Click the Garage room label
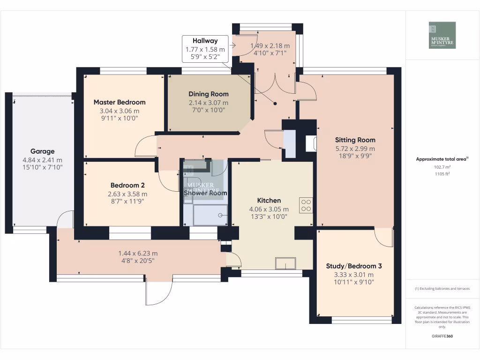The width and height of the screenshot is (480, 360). pyautogui.click(x=43, y=151)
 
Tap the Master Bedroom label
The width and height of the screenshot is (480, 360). pyautogui.click(x=120, y=102)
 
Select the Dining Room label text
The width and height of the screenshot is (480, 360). pyautogui.click(x=209, y=94)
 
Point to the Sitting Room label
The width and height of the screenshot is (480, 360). pyautogui.click(x=355, y=140)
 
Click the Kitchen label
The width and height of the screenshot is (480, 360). pyautogui.click(x=269, y=201)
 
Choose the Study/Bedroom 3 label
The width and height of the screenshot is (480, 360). pyautogui.click(x=354, y=266)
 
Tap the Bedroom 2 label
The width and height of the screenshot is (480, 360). pyautogui.click(x=127, y=185)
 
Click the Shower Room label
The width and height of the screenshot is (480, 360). pyautogui.click(x=205, y=193)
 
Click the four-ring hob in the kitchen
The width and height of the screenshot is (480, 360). pyautogui.click(x=306, y=205)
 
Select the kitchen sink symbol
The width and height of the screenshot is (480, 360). pyautogui.click(x=285, y=263)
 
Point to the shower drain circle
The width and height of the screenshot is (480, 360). pyautogui.click(x=220, y=216)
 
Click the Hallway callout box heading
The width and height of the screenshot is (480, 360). pyautogui.click(x=205, y=41)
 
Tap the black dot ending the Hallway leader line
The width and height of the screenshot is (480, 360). pyautogui.click(x=275, y=104)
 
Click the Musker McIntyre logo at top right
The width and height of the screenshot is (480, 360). pyautogui.click(x=442, y=35)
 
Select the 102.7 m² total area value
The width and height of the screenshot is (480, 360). pyautogui.click(x=442, y=167)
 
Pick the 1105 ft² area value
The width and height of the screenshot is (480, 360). pyautogui.click(x=442, y=174)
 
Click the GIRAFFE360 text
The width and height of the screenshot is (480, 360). pyautogui.click(x=442, y=336)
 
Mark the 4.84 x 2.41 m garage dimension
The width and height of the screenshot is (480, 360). pyautogui.click(x=43, y=160)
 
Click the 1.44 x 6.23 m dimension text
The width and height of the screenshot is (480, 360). pyautogui.click(x=138, y=254)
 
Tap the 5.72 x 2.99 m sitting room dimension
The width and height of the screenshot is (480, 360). pyautogui.click(x=355, y=149)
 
